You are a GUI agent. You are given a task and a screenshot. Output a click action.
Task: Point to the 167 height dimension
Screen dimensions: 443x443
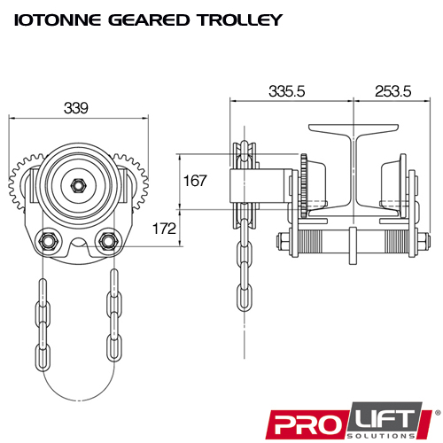[195, 182]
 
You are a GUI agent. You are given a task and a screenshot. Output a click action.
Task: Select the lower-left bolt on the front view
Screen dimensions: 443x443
[47, 240]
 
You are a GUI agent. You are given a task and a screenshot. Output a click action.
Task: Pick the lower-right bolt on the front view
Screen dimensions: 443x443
[110, 240]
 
